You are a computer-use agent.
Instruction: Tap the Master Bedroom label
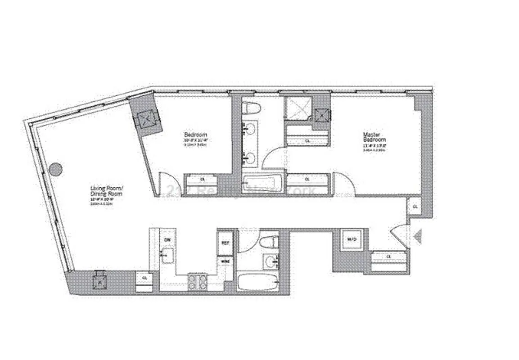(x=375, y=137)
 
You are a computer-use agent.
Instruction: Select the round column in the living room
(x=55, y=169)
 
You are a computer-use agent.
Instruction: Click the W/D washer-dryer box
(x=351, y=239)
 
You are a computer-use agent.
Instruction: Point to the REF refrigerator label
(x=225, y=242)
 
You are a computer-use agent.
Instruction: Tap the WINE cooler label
(x=225, y=261)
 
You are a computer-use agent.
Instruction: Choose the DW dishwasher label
(x=167, y=240)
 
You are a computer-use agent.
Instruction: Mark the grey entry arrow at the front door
(x=417, y=236)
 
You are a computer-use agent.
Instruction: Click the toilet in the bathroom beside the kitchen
(x=270, y=242)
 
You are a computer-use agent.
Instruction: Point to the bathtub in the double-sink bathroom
(x=263, y=184)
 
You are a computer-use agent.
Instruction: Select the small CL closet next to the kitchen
(x=144, y=278)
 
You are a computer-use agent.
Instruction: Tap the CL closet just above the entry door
(x=414, y=206)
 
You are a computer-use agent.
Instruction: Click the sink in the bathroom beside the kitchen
(x=270, y=261)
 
